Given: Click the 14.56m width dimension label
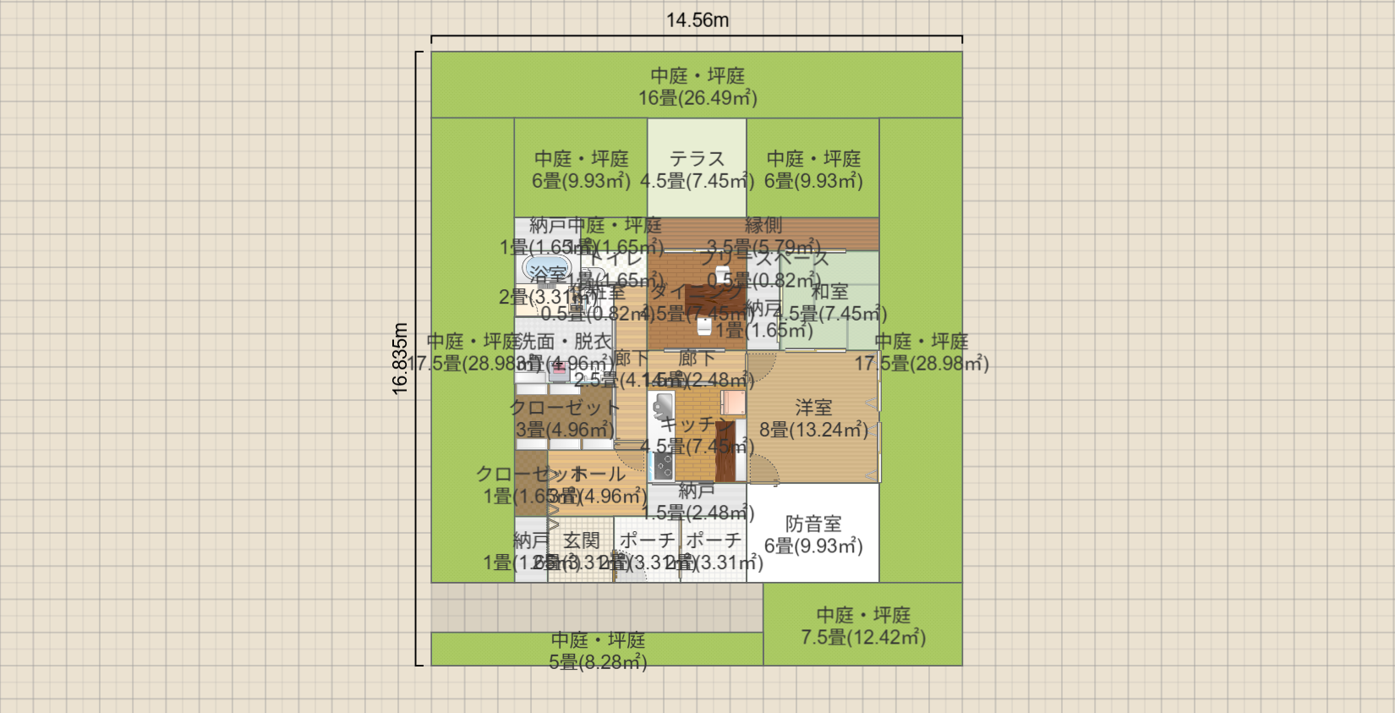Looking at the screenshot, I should point(697,20).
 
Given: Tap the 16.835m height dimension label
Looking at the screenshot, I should point(400,359).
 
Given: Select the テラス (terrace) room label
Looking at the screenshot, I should point(697,159).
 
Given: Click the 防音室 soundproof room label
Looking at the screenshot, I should point(813,524).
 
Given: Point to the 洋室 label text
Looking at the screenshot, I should point(813,408).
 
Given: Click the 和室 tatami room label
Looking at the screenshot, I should point(829,292).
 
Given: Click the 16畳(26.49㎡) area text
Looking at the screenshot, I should point(697,98).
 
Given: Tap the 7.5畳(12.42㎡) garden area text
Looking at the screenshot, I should point(862,638).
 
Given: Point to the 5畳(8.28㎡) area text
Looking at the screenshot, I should point(598,662).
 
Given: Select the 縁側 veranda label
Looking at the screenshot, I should point(763,226).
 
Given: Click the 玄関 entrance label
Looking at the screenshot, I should point(581,540).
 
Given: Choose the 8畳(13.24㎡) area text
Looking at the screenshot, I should point(813,430).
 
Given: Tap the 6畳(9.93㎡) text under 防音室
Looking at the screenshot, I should point(813,546).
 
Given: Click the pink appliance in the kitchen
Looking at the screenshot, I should point(734,403).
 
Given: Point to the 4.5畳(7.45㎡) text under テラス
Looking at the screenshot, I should point(697,181).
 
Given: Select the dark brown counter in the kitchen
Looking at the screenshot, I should point(725,452).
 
